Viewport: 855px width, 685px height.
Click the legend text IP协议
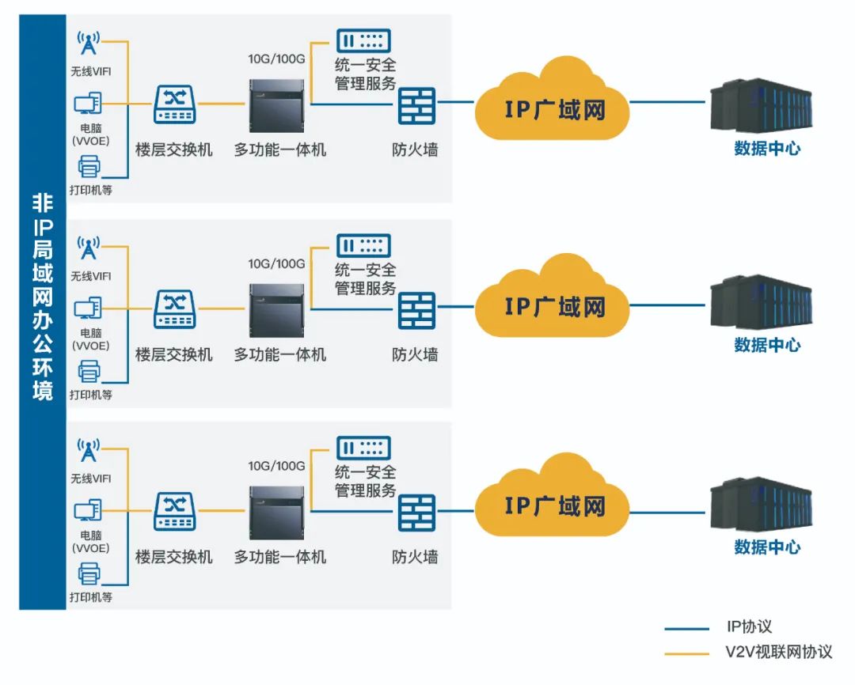coord(748,627)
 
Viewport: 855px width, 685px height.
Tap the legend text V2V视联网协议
coord(779,653)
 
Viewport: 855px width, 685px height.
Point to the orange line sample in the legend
coord(686,653)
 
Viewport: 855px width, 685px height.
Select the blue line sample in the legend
coord(686,629)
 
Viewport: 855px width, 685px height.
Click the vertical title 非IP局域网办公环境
coord(42,297)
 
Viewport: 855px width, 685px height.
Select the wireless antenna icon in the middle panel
coord(88,247)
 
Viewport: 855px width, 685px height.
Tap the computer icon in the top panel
coord(88,104)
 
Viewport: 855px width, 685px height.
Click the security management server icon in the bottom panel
coord(363,448)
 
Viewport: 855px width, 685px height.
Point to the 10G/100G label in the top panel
coord(276,59)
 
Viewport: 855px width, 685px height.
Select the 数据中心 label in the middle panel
coord(766,345)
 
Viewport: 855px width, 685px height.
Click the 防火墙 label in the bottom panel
coord(415,558)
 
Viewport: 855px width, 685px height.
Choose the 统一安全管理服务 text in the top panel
coord(365,74)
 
